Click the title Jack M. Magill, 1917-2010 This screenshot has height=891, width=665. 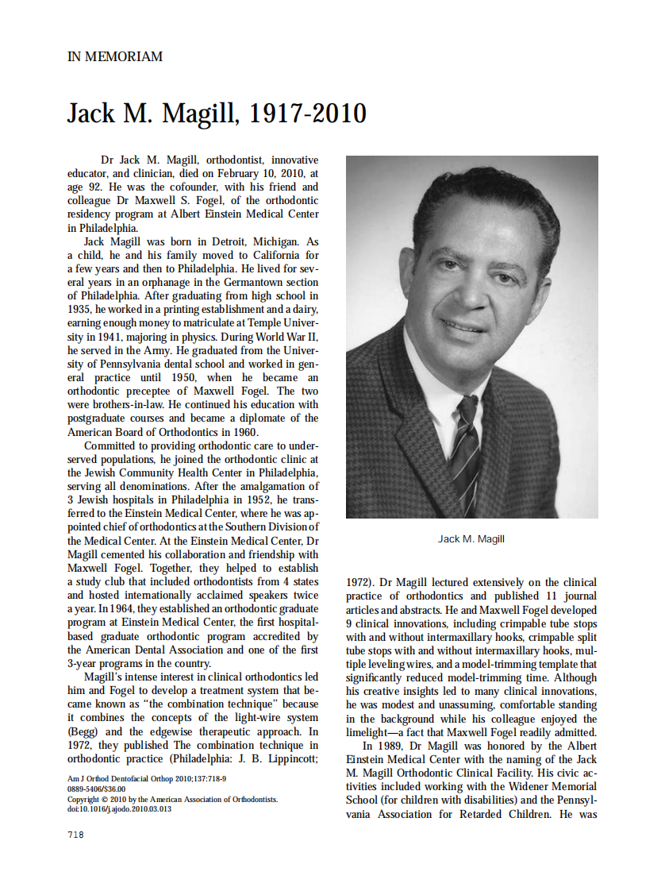tap(217, 114)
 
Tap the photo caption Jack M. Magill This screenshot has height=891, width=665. tap(471, 539)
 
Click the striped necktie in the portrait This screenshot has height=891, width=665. tap(465, 445)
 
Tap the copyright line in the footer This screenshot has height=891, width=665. tap(172, 799)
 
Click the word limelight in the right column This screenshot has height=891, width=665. tap(371, 732)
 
